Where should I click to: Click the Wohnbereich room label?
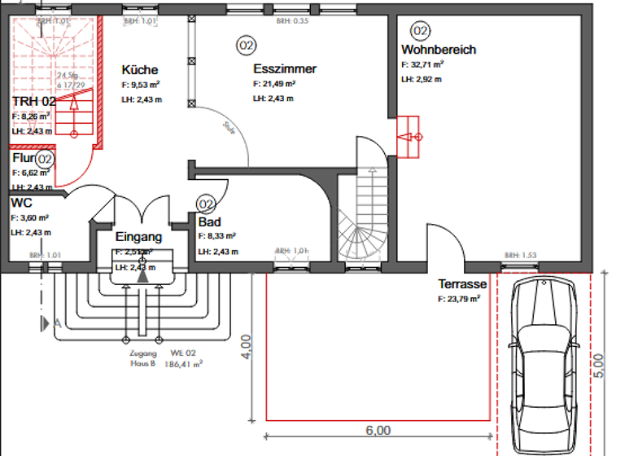439,50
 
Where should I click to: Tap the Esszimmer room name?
284,69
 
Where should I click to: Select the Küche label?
140,69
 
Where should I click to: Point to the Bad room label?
209,221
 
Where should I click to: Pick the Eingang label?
138,237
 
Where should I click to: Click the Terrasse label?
462,284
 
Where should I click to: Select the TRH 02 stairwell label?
34,101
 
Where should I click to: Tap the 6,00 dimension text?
378,430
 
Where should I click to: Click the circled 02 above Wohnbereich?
420,31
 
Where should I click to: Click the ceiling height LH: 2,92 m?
421,79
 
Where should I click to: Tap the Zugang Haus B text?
142,359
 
